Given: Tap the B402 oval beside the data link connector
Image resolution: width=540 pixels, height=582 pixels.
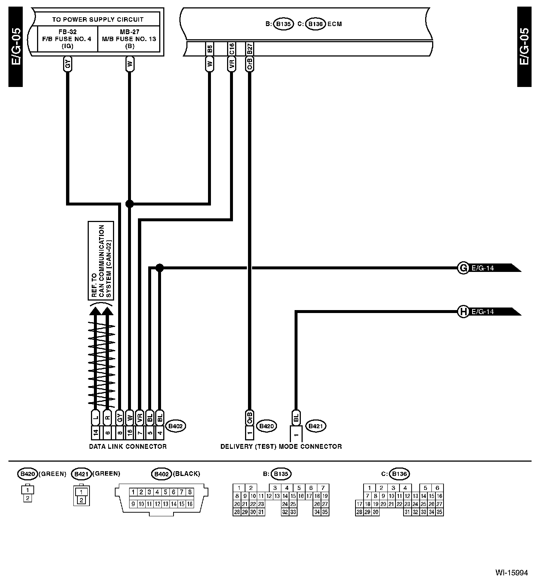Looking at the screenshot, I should coord(176,426).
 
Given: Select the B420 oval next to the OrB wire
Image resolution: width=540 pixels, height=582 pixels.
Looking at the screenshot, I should coord(266,426).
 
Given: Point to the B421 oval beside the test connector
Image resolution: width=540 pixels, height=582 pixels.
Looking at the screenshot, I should coord(316,426).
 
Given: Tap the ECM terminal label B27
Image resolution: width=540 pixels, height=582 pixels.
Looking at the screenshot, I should coord(249,49).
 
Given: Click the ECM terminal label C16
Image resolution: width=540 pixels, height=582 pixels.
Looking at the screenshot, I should coord(231,49).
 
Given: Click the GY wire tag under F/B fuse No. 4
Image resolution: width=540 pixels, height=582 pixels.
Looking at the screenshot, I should coord(67,65).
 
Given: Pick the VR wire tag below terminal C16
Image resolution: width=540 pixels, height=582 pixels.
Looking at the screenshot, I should coord(231,65).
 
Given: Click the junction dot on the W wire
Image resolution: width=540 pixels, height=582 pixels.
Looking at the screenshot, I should coord(129,204).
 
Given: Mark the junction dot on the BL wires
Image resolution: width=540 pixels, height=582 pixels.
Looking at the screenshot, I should coord(159,268).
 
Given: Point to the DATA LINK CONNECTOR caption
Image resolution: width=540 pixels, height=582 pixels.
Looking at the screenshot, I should coord(128,447).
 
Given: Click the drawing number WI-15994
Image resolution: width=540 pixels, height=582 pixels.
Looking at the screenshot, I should coord(511,573).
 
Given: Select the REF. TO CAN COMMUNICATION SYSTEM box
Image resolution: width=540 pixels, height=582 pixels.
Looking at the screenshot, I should coord(101,261).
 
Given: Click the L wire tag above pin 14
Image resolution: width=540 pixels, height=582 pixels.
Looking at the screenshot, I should coord(95,418).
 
